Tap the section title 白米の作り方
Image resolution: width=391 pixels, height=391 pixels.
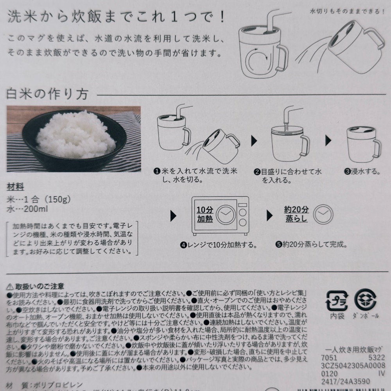pyautogui.click(x=47, y=94)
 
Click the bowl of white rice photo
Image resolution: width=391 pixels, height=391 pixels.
pyautogui.click(x=73, y=138)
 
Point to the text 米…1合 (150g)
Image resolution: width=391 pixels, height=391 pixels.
pyautogui.click(x=39, y=199)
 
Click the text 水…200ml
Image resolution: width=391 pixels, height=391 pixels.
pyautogui.click(x=27, y=209)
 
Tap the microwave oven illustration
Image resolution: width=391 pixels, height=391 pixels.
pyautogui.click(x=220, y=216)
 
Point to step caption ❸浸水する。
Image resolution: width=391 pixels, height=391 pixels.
pyautogui.click(x=362, y=171)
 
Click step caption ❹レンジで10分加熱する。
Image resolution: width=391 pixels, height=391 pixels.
pyautogui.click(x=218, y=246)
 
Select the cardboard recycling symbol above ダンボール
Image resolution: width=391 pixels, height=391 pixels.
pyautogui.click(x=364, y=299)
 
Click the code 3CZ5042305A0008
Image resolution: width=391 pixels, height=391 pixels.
pyautogui.click(x=353, y=366)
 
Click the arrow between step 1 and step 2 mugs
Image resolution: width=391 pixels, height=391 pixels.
pyautogui.click(x=253, y=140)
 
